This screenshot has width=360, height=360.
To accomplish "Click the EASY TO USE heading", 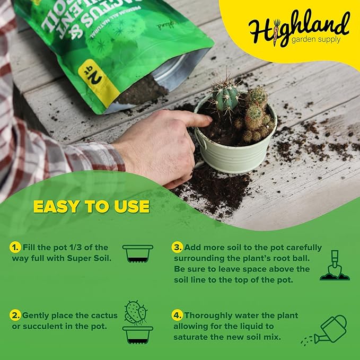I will pos(91,206).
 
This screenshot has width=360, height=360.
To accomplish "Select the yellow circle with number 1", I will pos(15,248).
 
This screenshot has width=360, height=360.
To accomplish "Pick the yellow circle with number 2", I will pos(15,315).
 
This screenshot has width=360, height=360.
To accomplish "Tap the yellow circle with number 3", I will pos(177,248).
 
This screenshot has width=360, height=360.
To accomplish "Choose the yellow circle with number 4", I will pos(177,315).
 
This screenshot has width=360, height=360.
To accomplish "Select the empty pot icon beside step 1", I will pos(137,253).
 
